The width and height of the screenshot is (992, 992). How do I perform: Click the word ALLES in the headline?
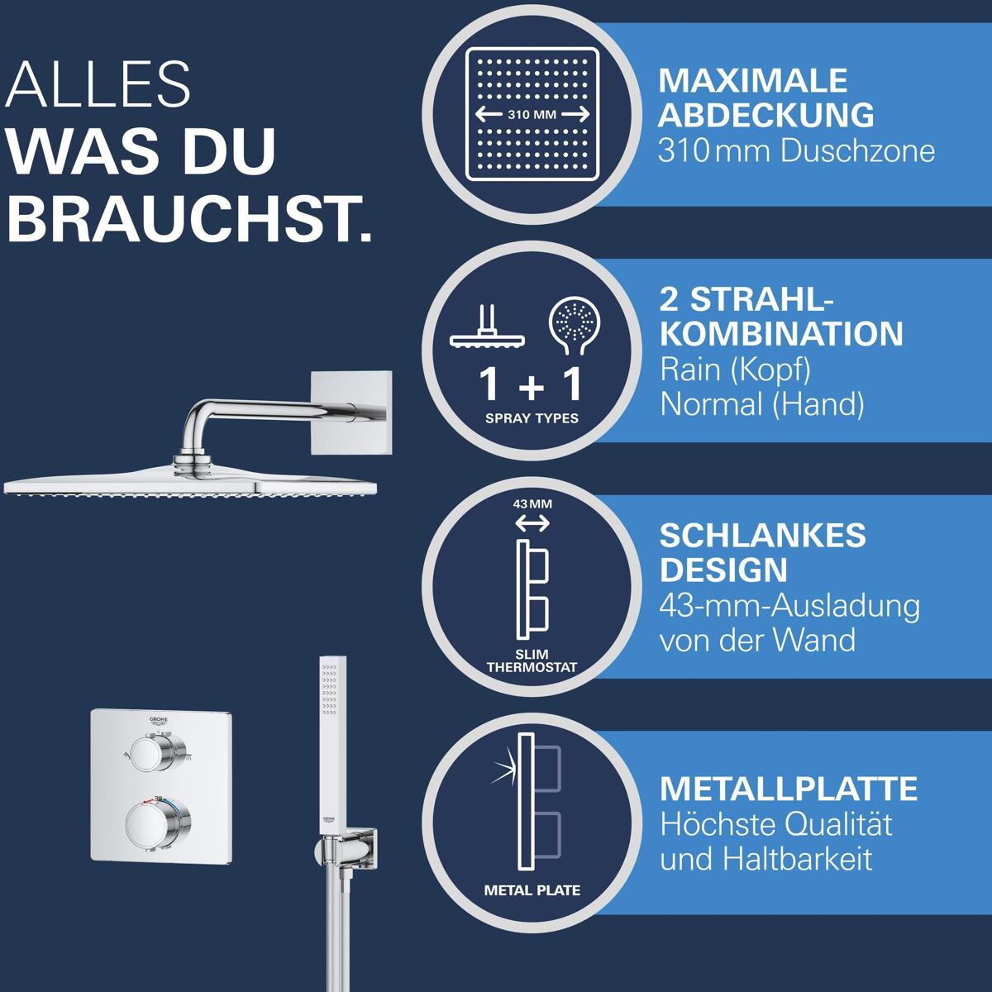pos(98,84)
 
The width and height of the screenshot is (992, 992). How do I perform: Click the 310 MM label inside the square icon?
pos(532,114)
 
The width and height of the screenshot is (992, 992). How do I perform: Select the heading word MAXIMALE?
pos(752,81)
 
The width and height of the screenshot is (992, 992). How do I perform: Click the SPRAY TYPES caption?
pos(532,418)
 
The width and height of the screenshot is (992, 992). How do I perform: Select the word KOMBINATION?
pos(781,334)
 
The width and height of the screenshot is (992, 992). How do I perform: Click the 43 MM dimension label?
pos(532,504)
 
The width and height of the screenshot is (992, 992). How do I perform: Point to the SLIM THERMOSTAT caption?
pos(532,661)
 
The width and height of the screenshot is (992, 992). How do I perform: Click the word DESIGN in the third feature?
pos(723,570)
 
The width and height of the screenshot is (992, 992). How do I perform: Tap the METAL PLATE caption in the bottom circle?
pos(532,890)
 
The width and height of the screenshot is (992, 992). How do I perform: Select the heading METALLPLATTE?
pos(789,789)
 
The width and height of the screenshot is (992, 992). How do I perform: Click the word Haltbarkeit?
pos(798,859)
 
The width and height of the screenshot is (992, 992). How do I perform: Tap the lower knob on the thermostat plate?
pos(158,821)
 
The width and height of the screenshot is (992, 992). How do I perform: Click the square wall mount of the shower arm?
pos(351,413)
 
